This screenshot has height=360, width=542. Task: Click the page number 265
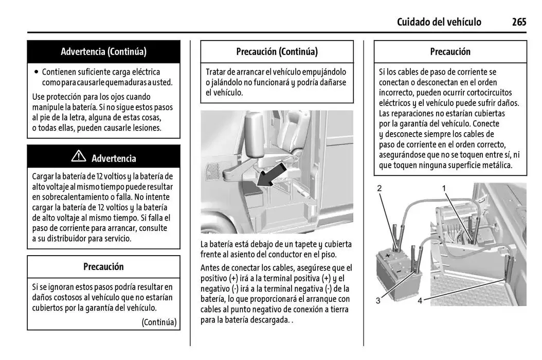tap(519, 22)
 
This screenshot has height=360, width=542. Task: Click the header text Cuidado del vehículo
tap(439, 22)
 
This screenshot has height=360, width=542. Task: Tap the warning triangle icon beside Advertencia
tap(79, 156)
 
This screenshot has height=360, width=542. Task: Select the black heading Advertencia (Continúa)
tap(103, 51)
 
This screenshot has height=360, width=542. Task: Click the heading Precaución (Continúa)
tap(277, 51)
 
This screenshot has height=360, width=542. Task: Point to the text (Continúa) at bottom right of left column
tap(159, 322)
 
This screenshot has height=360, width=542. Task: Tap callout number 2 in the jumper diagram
tap(380, 188)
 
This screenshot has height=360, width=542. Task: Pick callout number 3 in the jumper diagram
tap(378, 300)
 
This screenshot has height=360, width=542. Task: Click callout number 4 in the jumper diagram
tap(420, 300)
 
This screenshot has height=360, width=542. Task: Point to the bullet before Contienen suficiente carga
tap(36, 72)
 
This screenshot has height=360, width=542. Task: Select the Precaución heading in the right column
tap(450, 51)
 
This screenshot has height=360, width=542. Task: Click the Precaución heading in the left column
tap(103, 266)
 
